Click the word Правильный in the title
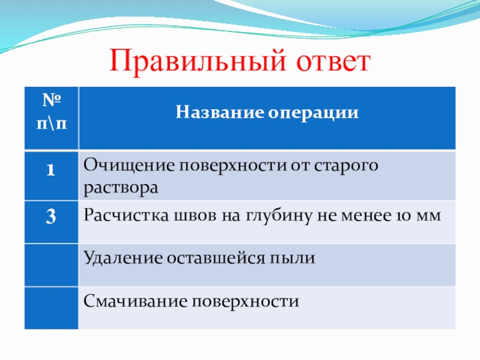(197, 61)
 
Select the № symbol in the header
(52, 100)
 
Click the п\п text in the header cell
(52, 124)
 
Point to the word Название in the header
(220, 112)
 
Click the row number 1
(51, 170)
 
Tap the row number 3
(51, 216)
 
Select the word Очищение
(129, 166)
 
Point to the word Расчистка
(126, 215)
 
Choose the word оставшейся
(216, 259)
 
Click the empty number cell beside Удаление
(52, 265)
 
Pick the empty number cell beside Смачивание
(52, 308)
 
